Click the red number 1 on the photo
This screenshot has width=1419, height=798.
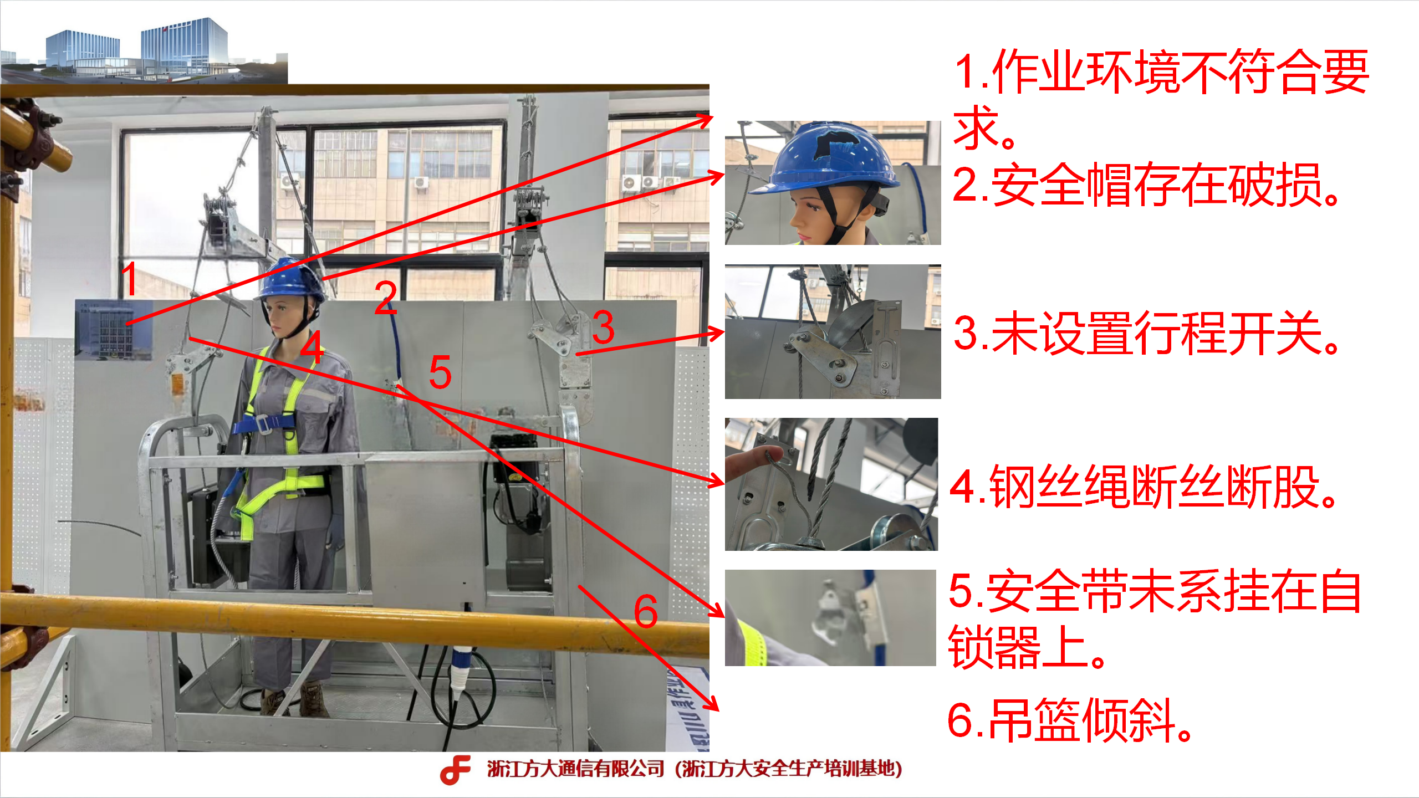point(130,279)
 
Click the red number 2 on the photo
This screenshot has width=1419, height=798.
point(386,297)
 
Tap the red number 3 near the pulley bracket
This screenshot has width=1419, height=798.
point(603,327)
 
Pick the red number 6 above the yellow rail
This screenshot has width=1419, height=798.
point(646,611)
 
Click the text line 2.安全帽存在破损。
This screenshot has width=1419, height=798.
point(1146,185)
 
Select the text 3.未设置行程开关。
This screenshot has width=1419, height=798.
point(1146,332)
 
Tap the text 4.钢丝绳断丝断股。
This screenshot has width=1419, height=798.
point(1144,487)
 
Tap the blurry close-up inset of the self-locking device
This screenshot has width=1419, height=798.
point(830,617)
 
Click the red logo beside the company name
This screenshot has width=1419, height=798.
point(456,770)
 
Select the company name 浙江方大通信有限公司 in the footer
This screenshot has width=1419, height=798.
point(576,769)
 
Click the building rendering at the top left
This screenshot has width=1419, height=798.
point(144,50)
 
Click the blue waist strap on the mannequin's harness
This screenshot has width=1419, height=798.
point(263,424)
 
